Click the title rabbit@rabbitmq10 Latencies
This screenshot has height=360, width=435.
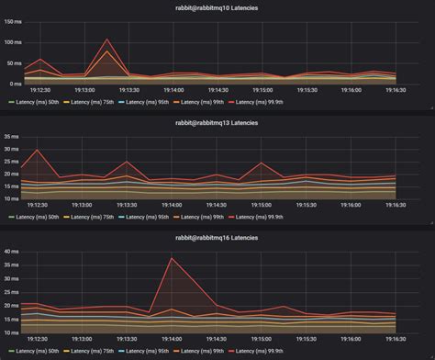pos(217,7)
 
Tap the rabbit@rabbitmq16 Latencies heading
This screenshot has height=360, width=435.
pos(217,237)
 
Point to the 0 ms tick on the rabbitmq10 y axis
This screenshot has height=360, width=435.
pos(17,82)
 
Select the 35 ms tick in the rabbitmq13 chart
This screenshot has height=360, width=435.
pos(14,136)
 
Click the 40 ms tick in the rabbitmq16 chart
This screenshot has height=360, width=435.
pos(14,251)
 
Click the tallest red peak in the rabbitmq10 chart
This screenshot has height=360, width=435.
pos(107,39)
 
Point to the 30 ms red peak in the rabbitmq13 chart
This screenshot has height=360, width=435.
pos(37,150)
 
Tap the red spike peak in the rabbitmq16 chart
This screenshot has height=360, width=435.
pos(172,257)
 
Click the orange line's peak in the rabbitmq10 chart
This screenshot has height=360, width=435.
pos(107,51)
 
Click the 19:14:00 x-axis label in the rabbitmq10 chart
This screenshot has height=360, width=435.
pos(173,90)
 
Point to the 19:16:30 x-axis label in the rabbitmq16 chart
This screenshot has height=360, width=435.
pos(396,339)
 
